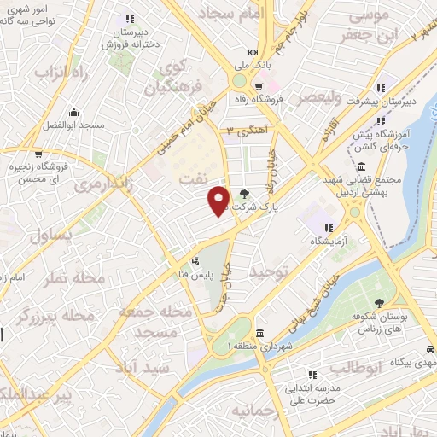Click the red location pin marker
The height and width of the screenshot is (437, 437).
pyautogui.click(x=219, y=201)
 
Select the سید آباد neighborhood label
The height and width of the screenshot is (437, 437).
pyautogui.click(x=171, y=366)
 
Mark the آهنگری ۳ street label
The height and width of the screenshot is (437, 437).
pyautogui.click(x=245, y=130)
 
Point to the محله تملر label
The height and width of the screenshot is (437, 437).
pyautogui.click(x=77, y=278)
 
